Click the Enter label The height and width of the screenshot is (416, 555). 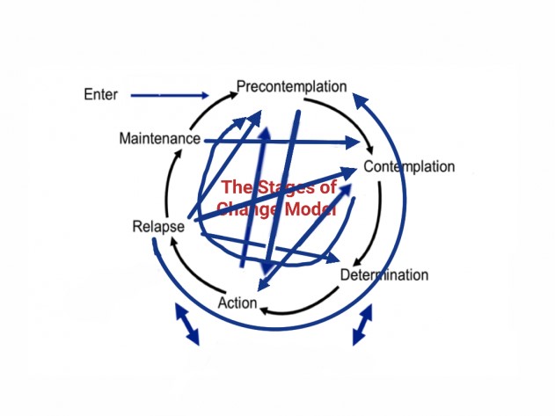click(99, 93)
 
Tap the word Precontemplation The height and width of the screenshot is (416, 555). click(291, 86)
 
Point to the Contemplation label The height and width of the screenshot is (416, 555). click(409, 167)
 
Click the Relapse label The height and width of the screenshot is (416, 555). click(158, 227)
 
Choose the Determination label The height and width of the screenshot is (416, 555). click(384, 275)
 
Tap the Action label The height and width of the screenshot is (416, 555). click(237, 303)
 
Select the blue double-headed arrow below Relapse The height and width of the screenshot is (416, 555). click(186, 325)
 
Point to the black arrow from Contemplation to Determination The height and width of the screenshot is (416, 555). click(376, 220)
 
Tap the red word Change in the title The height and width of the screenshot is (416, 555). click(247, 209)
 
